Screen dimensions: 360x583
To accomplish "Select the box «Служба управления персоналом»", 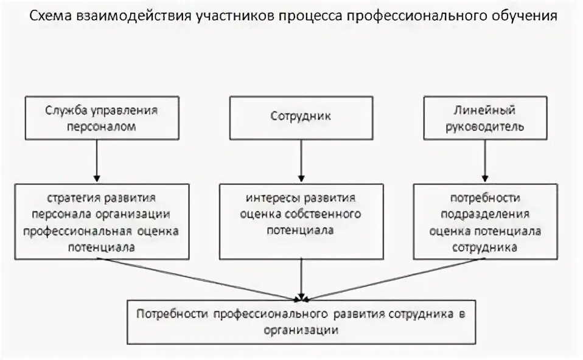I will pyautogui.click(x=103, y=117).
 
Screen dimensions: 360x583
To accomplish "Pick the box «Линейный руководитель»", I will pyautogui.click(x=484, y=117).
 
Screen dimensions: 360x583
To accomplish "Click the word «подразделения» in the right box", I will pyautogui.click(x=485, y=215).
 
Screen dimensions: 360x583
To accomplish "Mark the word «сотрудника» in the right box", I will pyautogui.click(x=486, y=247).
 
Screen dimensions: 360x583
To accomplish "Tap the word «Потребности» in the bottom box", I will pyautogui.click(x=172, y=314).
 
